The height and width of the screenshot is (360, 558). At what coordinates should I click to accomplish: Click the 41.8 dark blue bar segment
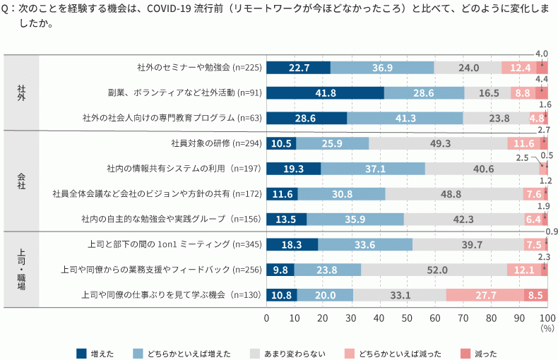325,92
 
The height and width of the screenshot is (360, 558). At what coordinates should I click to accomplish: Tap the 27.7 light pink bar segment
485,295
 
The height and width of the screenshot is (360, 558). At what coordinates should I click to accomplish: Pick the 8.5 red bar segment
535,295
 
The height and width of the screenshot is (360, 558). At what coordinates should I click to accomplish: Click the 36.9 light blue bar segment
382,68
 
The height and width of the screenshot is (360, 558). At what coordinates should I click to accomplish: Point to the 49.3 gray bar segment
438,143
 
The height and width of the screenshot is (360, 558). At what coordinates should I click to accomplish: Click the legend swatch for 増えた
81,352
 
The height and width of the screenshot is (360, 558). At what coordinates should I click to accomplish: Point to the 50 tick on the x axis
407,318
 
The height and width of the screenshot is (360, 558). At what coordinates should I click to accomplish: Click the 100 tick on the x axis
547,318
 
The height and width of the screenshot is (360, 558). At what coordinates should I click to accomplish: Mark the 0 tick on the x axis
266,318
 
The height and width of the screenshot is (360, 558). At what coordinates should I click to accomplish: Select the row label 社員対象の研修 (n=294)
216,143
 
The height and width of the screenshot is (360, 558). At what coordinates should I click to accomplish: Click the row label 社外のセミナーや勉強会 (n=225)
199,68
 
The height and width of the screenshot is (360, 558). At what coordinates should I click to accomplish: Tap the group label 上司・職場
21,269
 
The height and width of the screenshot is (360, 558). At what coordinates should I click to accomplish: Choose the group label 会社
21,181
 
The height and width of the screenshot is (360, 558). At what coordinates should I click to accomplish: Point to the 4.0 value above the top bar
542,54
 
